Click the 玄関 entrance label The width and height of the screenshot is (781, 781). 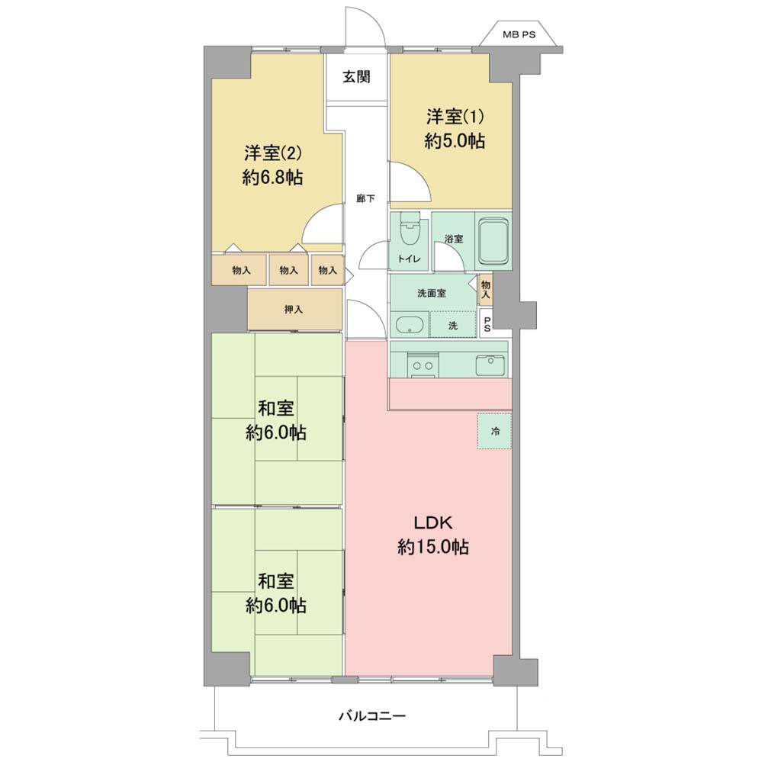(356, 77)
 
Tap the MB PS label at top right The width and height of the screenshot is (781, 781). (519, 35)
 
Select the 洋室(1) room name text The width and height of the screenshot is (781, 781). (455, 117)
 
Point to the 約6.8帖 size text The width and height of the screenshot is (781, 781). (272, 177)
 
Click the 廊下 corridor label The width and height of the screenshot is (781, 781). (365, 199)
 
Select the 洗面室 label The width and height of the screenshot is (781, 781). (432, 293)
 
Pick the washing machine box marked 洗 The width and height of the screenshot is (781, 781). (453, 325)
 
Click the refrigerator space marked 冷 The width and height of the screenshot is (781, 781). (494, 432)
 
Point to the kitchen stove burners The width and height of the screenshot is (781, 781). (423, 365)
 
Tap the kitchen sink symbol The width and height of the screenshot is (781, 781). (492, 365)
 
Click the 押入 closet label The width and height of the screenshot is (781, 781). (294, 310)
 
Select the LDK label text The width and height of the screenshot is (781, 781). (433, 523)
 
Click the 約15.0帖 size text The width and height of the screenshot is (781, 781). (433, 548)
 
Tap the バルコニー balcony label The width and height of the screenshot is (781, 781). (372, 716)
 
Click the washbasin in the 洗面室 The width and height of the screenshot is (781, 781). (409, 325)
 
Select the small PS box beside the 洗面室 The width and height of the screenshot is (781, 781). (487, 324)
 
